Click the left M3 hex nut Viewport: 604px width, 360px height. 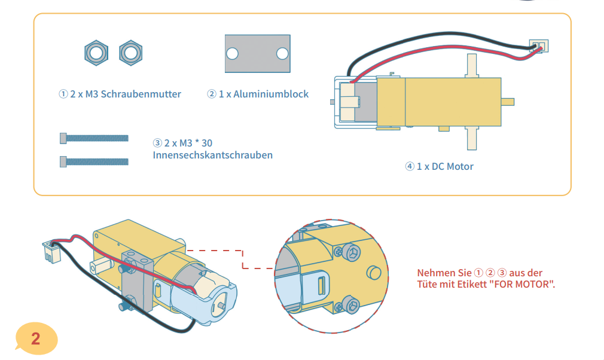[96, 53]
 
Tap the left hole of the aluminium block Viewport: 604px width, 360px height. [232, 54]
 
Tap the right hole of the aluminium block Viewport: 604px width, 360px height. [282, 54]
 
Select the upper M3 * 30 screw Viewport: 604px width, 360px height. [94, 138]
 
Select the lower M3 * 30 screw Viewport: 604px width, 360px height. [94, 161]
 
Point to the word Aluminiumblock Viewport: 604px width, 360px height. [271, 94]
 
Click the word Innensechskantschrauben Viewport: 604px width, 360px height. [213, 155]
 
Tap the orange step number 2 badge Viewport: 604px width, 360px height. [36, 338]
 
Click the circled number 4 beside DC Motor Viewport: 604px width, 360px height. [410, 166]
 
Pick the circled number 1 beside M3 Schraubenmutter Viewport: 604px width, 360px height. [63, 94]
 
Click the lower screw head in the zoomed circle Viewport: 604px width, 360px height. [351, 306]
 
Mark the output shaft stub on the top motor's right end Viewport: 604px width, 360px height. [508, 100]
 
